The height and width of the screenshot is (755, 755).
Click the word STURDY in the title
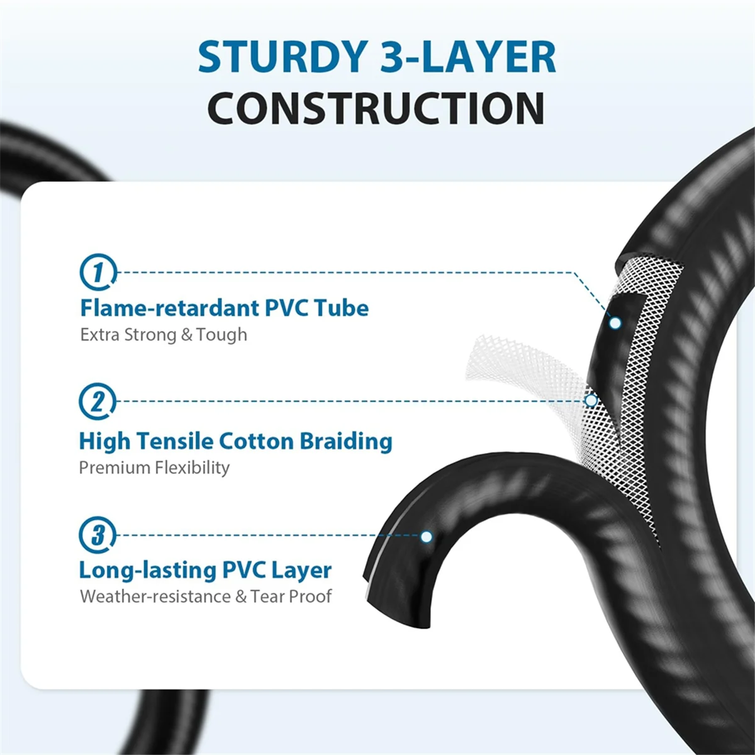click(x=281, y=57)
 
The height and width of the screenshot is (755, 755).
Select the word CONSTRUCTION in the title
click(x=376, y=108)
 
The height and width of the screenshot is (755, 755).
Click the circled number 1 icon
click(x=98, y=272)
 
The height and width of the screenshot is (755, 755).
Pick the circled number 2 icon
click(x=98, y=401)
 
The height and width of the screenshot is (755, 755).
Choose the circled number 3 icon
click(x=98, y=535)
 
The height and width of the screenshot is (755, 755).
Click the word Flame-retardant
click(x=170, y=308)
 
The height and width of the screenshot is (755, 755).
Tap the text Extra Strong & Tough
click(x=164, y=335)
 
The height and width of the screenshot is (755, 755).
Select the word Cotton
click(x=256, y=441)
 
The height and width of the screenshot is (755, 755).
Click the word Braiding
click(x=346, y=442)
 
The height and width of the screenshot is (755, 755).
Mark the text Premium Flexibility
click(x=154, y=468)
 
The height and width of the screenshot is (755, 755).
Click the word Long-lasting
click(x=148, y=571)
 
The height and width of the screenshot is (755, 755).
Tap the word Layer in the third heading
click(x=303, y=571)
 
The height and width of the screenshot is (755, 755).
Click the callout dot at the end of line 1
click(x=615, y=323)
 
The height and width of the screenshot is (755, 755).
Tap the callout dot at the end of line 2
click(x=591, y=401)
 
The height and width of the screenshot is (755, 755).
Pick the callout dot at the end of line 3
click(x=427, y=537)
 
